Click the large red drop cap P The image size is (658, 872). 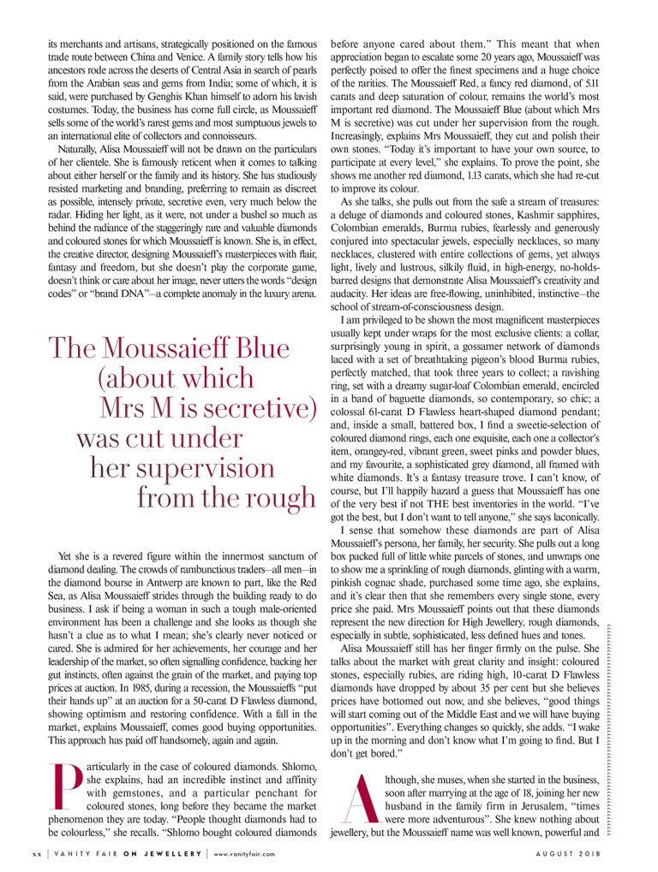(x=67, y=786)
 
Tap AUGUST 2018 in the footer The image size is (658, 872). (x=566, y=854)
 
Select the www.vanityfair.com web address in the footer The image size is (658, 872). (x=244, y=854)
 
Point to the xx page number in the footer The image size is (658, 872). (x=36, y=854)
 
